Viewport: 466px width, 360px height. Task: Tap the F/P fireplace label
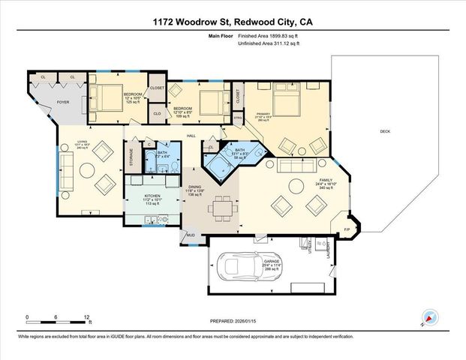[x=347, y=228]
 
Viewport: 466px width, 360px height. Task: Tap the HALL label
[x=191, y=135]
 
